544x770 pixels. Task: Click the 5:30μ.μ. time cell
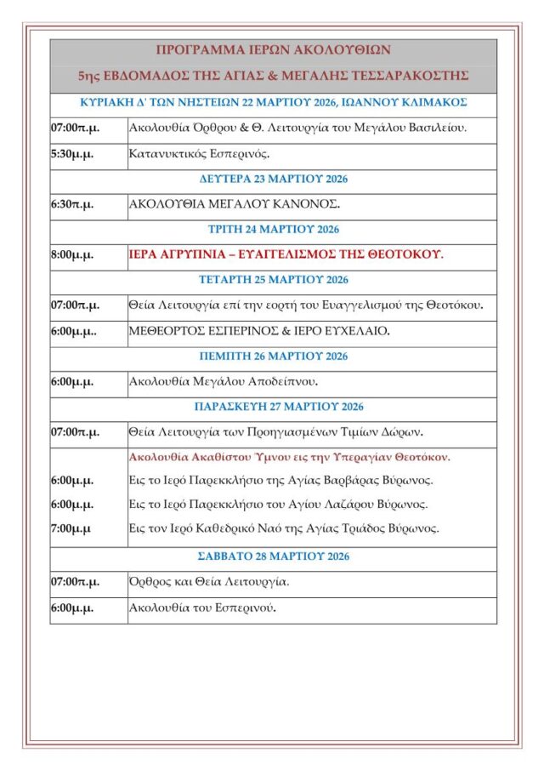tap(72, 154)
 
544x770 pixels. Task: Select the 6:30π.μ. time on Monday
tap(72, 204)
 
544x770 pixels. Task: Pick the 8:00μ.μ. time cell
tap(72, 254)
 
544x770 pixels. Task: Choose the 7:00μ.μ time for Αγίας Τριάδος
tap(71, 528)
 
